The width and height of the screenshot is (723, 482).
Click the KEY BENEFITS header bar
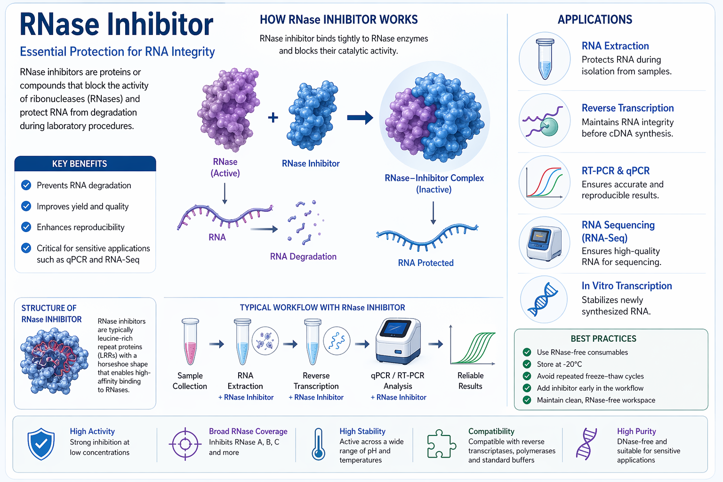click(85, 164)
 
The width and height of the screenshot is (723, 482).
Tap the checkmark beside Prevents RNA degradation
click(26, 185)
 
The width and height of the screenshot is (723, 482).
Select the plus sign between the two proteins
click(273, 118)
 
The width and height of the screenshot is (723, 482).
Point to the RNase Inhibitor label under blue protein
click(311, 163)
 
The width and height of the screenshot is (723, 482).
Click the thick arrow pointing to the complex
click(360, 118)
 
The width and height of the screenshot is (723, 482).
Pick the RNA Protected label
click(426, 263)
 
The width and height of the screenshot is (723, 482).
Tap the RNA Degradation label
click(303, 257)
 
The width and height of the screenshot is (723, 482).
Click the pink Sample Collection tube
click(190, 341)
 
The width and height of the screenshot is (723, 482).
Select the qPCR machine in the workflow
click(398, 341)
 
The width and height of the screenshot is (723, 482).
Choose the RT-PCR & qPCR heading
click(615, 171)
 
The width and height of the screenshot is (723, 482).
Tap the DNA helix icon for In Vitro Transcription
click(544, 299)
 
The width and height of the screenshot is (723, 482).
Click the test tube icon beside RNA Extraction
click(545, 59)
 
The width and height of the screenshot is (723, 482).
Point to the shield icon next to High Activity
click(41, 444)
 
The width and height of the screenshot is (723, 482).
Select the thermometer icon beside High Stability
click(318, 444)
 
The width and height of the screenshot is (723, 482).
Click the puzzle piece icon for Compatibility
click(441, 444)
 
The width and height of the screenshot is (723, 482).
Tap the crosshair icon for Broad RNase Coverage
click(185, 444)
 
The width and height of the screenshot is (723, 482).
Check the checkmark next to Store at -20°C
click(527, 364)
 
